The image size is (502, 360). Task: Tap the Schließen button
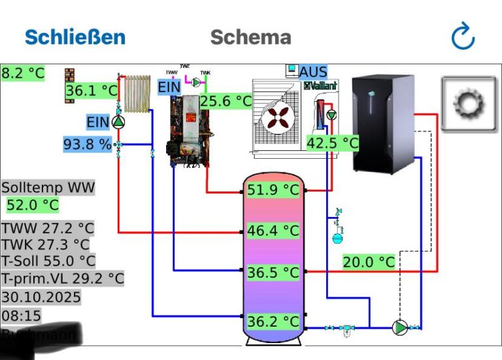pyautogui.click(x=75, y=37)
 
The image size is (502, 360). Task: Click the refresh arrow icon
pyautogui.click(x=463, y=37)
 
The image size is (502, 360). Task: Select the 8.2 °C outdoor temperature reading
pyautogui.click(x=23, y=73)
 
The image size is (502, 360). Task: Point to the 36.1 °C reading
pyautogui.click(x=92, y=91)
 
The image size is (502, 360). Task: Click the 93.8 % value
pyautogui.click(x=88, y=144)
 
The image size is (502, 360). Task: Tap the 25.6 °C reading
pyautogui.click(x=226, y=101)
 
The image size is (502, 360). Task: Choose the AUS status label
pyautogui.click(x=313, y=71)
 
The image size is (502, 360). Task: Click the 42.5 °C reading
pyautogui.click(x=333, y=143)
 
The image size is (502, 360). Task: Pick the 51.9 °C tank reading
pyautogui.click(x=273, y=191)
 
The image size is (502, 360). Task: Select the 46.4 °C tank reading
pyautogui.click(x=273, y=231)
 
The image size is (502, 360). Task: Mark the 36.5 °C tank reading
pyautogui.click(x=273, y=272)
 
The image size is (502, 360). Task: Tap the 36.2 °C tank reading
pyautogui.click(x=273, y=321)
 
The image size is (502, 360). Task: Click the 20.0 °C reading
pyautogui.click(x=369, y=262)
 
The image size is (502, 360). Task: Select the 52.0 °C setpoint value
pyautogui.click(x=33, y=205)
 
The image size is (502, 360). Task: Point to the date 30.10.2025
pyautogui.click(x=41, y=297)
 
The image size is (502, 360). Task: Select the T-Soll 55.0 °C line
pyautogui.click(x=48, y=261)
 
